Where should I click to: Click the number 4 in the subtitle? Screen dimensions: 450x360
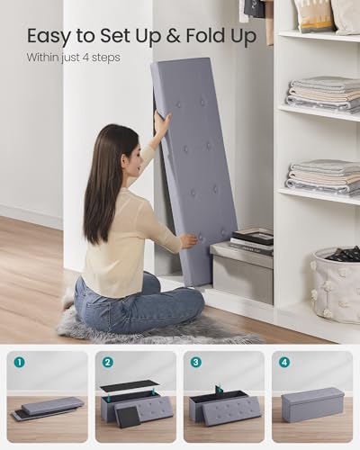pos(93,58)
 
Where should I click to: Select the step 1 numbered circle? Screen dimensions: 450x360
pos(19,363)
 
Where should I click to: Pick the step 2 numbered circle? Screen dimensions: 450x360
pos(107,363)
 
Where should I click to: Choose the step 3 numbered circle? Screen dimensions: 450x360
pos(195,363)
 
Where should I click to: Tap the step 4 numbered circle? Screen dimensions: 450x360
pos(283,363)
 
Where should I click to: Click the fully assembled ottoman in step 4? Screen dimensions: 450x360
pos(311,406)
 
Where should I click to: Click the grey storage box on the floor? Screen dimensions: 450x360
pos(242,274)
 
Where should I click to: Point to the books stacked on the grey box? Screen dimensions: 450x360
pos(252,239)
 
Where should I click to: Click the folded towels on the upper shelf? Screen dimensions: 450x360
pos(323,93)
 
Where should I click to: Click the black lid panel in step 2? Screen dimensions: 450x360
pos(129,387)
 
